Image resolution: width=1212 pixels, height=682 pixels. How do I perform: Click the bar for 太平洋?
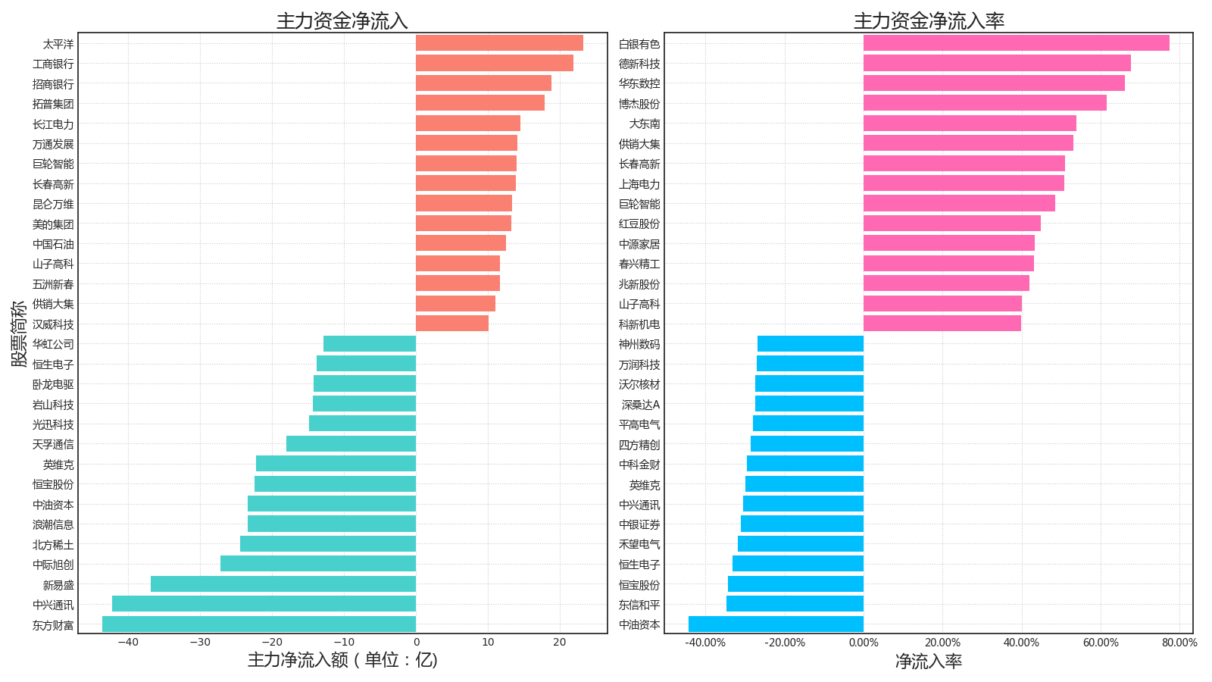coord(499,43)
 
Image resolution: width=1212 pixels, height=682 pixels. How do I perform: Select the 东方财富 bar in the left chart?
coord(259,624)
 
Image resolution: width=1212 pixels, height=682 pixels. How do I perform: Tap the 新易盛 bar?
coord(283,584)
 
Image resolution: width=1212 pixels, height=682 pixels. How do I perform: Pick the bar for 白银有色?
coord(1016,43)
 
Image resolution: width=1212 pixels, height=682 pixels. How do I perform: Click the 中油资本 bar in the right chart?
coord(776,624)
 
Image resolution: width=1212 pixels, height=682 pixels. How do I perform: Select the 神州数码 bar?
coord(810,344)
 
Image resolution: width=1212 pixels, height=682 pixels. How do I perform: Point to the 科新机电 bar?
coord(942,324)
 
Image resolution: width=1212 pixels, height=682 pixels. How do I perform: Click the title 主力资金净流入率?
coord(929,21)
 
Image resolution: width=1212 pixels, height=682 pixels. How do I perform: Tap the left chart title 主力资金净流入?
coord(342,21)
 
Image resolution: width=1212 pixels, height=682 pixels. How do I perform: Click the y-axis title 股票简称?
coord(19,333)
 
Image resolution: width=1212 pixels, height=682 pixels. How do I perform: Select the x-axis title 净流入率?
coord(929,662)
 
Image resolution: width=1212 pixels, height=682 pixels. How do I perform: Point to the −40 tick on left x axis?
coord(128,643)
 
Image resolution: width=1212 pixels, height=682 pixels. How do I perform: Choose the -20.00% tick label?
coord(784,643)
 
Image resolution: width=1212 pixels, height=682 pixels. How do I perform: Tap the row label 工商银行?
coord(53,64)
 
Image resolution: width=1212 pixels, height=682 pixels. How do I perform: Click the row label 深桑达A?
coord(641,405)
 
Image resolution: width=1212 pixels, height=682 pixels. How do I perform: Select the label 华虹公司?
coord(53,344)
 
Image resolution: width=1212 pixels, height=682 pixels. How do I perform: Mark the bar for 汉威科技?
coord(452,324)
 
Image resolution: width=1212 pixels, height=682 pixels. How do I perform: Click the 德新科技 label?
coord(639,64)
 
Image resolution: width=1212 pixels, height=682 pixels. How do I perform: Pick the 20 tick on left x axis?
coord(560,643)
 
